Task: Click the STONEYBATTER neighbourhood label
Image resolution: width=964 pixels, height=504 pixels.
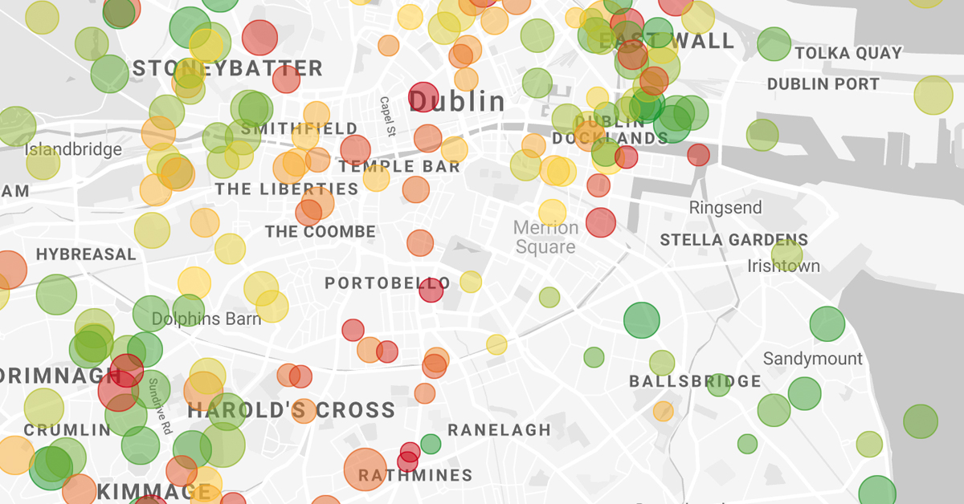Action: click(227, 69)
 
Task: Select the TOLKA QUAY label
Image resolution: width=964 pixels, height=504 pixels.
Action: click(848, 54)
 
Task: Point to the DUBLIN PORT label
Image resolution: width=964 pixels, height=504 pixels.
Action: click(823, 84)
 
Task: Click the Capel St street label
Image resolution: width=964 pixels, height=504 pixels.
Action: click(386, 116)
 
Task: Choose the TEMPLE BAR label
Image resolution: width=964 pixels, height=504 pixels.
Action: click(399, 167)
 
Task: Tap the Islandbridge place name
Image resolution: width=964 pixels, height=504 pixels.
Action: click(73, 149)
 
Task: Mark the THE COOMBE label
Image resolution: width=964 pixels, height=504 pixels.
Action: click(321, 233)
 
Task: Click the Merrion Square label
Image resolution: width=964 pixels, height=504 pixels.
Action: click(545, 238)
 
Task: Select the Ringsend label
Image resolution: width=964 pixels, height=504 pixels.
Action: click(725, 208)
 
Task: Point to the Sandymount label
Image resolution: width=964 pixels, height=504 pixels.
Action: click(812, 359)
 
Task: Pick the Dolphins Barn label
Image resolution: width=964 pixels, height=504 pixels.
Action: click(206, 319)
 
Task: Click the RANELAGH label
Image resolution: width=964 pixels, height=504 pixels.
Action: click(499, 430)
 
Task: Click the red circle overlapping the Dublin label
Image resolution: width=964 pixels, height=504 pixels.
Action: click(423, 96)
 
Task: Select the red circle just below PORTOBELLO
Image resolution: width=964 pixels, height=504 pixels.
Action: click(431, 291)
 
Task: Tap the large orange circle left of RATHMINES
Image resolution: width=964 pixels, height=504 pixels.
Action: click(365, 469)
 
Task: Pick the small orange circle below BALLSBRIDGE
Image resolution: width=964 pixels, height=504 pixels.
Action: click(663, 412)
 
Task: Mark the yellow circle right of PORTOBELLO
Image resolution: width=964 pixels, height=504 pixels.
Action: click(471, 282)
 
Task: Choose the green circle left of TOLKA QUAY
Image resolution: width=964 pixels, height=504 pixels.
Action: click(774, 44)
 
